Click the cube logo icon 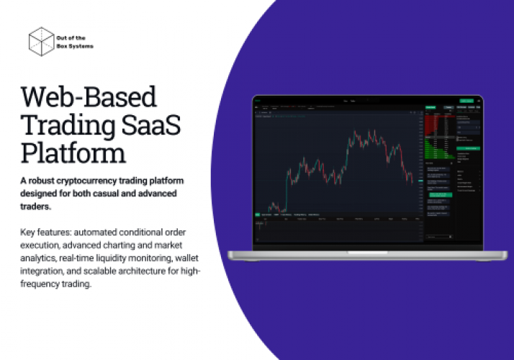(x=42, y=41)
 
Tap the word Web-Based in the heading (x=89, y=97)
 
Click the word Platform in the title (x=73, y=153)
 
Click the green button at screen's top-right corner (x=466, y=102)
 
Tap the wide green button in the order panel (x=466, y=148)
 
